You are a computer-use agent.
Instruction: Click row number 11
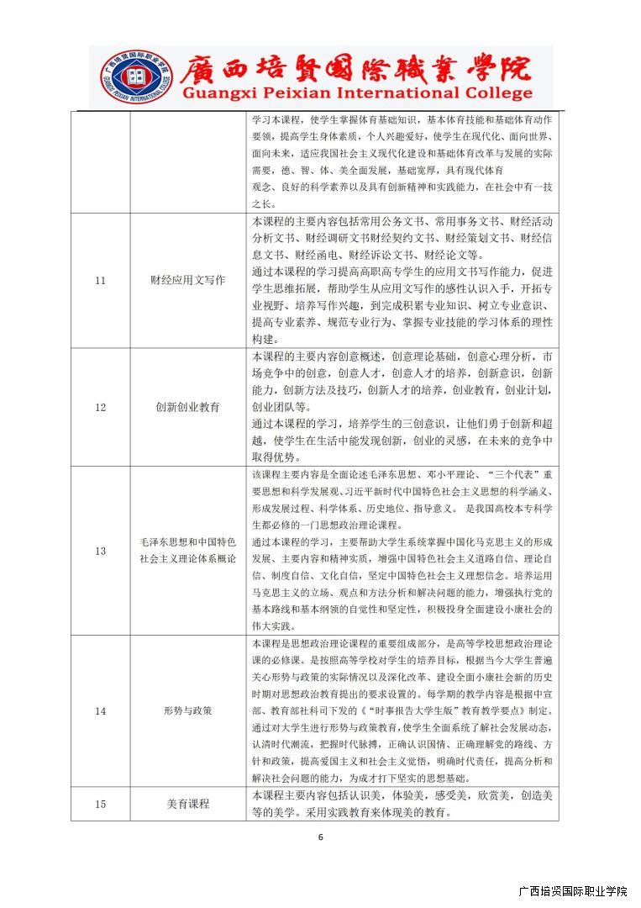100,280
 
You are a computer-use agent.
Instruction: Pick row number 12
100,407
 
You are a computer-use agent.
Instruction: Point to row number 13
100,551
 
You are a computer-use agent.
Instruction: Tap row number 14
100,710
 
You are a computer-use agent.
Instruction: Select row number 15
100,804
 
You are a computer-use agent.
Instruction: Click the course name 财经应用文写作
188,280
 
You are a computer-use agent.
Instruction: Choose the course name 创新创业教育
188,407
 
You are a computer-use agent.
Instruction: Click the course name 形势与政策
188,710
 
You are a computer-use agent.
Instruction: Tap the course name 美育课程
188,804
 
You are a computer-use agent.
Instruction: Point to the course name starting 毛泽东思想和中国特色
188,542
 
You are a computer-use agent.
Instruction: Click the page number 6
320,837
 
